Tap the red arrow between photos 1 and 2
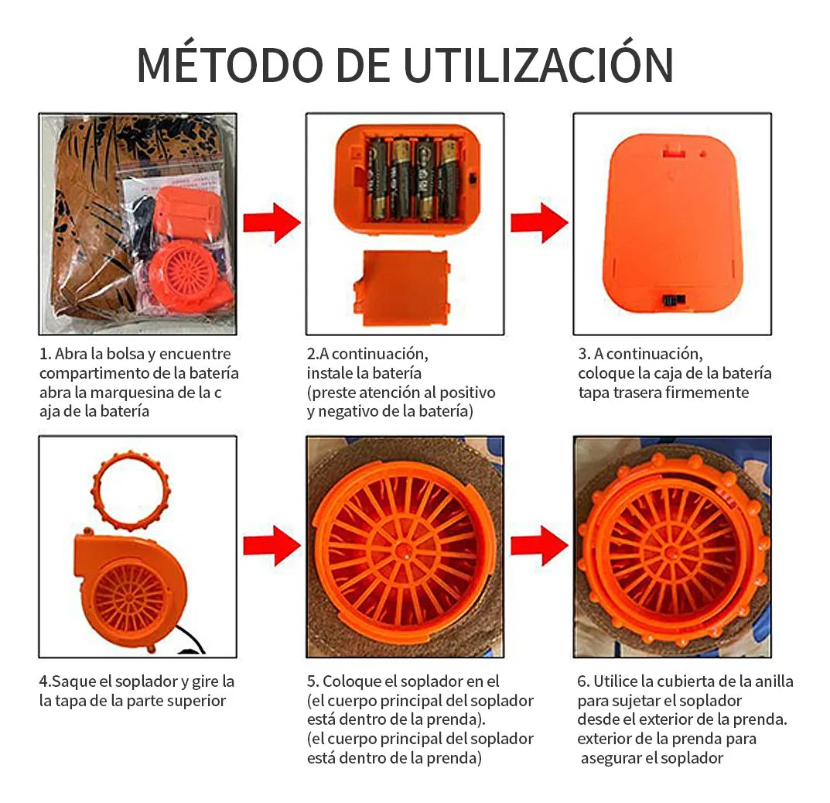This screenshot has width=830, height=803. click(272, 222)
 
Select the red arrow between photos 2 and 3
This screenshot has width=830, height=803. click(539, 222)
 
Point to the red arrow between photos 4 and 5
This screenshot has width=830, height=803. click(272, 545)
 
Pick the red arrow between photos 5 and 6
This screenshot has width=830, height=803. click(539, 545)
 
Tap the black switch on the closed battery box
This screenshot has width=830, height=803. click(674, 300)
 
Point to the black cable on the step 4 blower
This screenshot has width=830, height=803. click(190, 640)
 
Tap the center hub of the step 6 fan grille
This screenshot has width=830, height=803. click(673, 552)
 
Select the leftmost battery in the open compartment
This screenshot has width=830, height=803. click(378, 179)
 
